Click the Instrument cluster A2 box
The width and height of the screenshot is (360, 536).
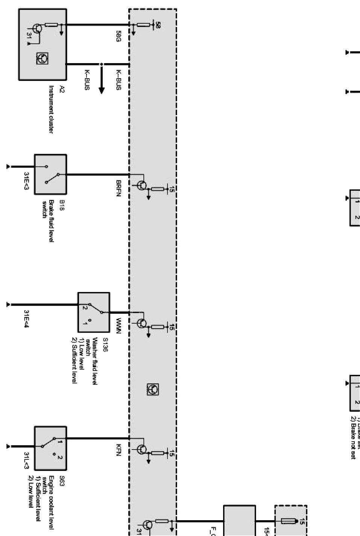(x=43, y=44)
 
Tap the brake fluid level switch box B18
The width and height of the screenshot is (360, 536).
(x=50, y=174)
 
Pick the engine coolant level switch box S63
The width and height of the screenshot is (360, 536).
(x=50, y=448)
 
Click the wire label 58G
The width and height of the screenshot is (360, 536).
(x=118, y=36)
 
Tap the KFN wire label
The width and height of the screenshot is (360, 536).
(x=118, y=450)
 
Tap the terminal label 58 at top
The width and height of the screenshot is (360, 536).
(x=158, y=26)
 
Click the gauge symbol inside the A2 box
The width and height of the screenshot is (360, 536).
(x=42, y=58)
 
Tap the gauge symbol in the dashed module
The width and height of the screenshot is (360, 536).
(x=152, y=390)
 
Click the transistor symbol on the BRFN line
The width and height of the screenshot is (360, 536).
(x=142, y=185)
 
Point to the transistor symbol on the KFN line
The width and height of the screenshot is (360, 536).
(x=142, y=449)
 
